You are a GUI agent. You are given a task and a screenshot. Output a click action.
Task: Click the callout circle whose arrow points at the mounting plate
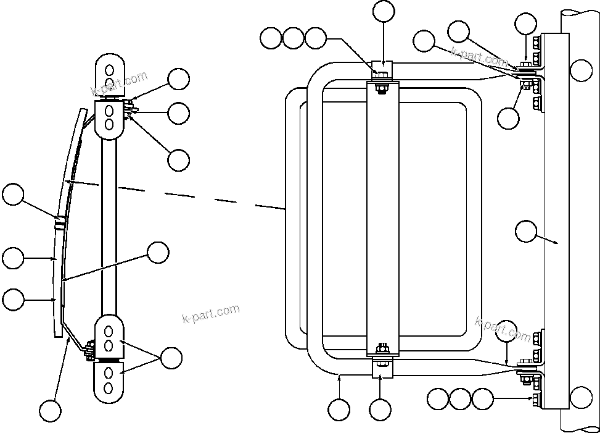[525, 232]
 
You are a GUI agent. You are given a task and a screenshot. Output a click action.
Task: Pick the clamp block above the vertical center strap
[383, 67]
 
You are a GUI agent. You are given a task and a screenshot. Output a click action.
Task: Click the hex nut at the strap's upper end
[381, 77]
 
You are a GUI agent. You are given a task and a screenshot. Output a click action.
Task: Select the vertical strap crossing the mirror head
[383, 216]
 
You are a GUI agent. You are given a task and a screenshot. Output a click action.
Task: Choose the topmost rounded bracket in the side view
[109, 74]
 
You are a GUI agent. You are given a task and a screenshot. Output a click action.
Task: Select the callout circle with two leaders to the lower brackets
[170, 358]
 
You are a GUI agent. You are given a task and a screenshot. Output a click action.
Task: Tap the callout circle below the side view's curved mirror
[50, 410]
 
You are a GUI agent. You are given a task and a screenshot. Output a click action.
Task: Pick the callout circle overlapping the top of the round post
[581, 70]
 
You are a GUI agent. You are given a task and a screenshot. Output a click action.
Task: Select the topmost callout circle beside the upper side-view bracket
[179, 78]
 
